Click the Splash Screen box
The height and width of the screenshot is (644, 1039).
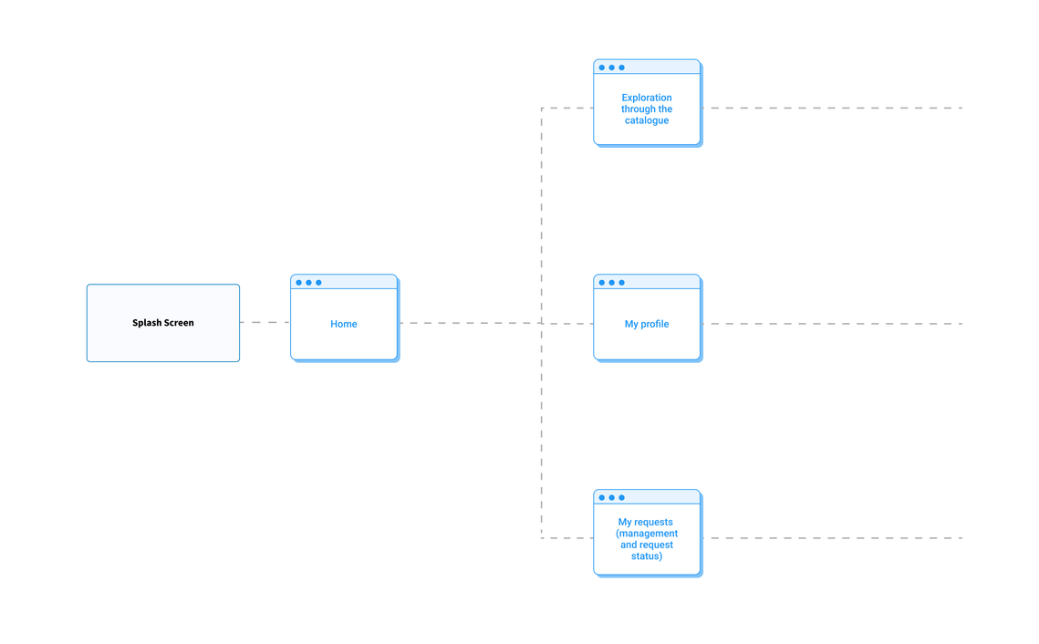(x=163, y=323)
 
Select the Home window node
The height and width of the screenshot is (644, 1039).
(x=345, y=318)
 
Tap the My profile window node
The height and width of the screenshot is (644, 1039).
(x=648, y=318)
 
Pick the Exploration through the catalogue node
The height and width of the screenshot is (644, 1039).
(x=648, y=103)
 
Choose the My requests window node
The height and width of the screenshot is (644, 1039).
(x=648, y=534)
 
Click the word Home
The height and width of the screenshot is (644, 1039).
(x=344, y=324)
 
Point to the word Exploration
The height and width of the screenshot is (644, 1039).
(x=647, y=98)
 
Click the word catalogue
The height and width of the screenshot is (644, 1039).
(x=647, y=120)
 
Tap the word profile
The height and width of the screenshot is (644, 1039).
(x=655, y=324)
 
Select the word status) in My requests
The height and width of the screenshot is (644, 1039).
(x=647, y=556)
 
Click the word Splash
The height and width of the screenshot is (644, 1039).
(x=147, y=323)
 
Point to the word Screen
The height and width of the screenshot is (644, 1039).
(x=179, y=323)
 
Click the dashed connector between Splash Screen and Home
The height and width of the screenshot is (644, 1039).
(x=265, y=323)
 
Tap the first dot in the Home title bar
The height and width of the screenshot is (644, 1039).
(x=299, y=283)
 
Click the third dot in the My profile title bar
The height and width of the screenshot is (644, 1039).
(x=621, y=283)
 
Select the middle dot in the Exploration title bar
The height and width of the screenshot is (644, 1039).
(x=611, y=68)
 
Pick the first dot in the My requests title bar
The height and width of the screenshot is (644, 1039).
(x=602, y=497)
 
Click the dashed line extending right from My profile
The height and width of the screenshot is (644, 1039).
(x=832, y=324)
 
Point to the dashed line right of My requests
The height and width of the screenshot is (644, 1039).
(x=832, y=538)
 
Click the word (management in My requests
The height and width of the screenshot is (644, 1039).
(x=647, y=534)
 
